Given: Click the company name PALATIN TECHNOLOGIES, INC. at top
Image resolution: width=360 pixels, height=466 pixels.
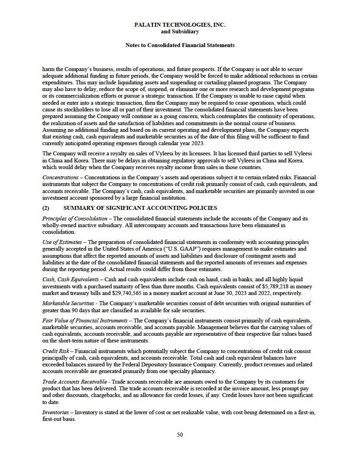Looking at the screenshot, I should (x=180, y=25).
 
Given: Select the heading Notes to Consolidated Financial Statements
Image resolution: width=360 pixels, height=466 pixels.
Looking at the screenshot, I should (x=180, y=45).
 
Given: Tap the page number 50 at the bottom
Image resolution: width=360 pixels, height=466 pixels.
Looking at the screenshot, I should (x=180, y=434).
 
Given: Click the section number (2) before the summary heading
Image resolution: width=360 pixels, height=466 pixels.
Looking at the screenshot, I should (x=46, y=208).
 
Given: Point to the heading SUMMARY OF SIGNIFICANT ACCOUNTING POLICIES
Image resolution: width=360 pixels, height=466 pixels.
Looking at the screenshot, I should (x=140, y=208).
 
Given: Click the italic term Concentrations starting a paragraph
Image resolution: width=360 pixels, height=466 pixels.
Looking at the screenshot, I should (x=60, y=177).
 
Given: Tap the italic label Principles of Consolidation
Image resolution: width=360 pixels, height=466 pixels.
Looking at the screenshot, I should (x=75, y=218).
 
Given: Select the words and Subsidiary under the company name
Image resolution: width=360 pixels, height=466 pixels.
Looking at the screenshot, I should (x=180, y=31).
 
